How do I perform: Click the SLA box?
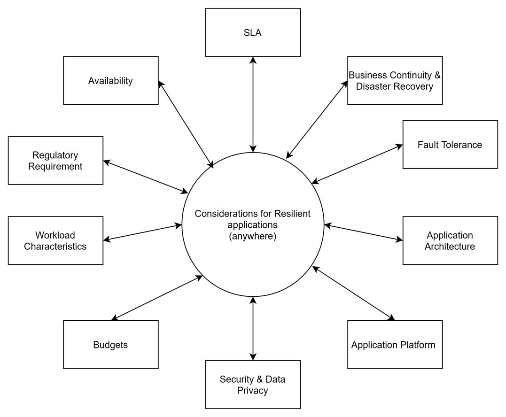(x=253, y=32)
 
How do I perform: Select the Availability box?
(x=110, y=80)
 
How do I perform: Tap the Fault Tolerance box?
(x=450, y=145)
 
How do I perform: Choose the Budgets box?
(x=110, y=345)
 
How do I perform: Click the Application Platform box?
(x=394, y=345)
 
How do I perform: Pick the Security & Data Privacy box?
(x=253, y=385)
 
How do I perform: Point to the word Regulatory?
(x=55, y=155)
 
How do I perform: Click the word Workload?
(x=55, y=235)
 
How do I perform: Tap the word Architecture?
(x=450, y=247)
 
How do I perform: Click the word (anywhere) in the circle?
(x=253, y=236)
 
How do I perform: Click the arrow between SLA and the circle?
(x=253, y=104)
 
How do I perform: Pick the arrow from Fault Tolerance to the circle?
(x=358, y=163)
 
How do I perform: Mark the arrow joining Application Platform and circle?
(x=354, y=293)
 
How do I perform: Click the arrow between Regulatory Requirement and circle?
(x=146, y=177)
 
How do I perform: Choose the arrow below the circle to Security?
(x=253, y=328)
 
